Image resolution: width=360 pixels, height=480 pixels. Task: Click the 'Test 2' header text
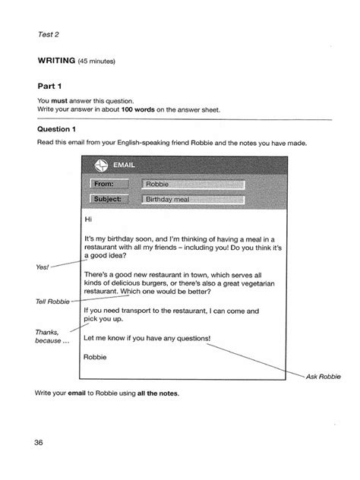click(x=47, y=33)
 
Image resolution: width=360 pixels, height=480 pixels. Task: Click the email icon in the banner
click(x=99, y=167)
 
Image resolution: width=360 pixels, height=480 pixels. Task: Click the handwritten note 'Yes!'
click(x=43, y=267)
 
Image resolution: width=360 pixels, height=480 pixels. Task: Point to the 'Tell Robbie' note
click(x=52, y=302)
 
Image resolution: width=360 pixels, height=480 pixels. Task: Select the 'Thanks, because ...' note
click(x=47, y=336)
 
